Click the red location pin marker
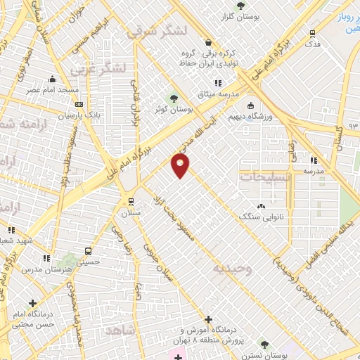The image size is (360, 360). pyautogui.click(x=180, y=166)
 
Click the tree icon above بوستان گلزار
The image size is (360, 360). pyautogui.click(x=242, y=4)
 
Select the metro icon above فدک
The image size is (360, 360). pyautogui.click(x=313, y=32)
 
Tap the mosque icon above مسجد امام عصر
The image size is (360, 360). pyautogui.click(x=53, y=79)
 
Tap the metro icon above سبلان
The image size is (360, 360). pyautogui.click(x=131, y=201)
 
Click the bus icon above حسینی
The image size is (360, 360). pyautogui.click(x=88, y=250)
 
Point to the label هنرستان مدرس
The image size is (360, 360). pyautogui.click(x=42, y=269)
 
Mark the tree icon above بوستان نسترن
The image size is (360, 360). pyautogui.click(x=264, y=345)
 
